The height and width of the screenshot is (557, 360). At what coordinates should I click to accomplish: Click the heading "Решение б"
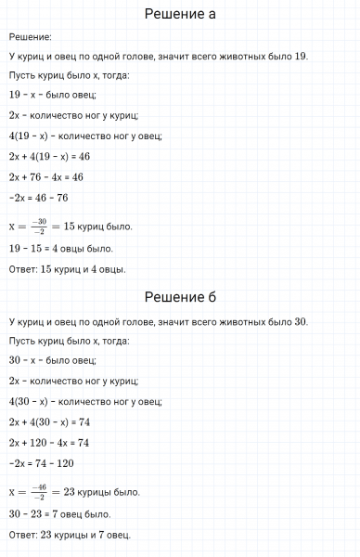click(x=180, y=297)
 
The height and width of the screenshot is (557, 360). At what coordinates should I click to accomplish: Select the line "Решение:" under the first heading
click(x=29, y=36)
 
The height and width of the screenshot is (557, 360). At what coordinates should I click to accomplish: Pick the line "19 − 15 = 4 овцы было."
click(x=60, y=249)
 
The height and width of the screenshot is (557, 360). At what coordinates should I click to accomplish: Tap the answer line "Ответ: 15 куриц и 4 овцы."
click(x=67, y=269)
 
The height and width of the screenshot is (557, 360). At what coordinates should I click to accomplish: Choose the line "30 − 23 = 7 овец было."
click(x=59, y=513)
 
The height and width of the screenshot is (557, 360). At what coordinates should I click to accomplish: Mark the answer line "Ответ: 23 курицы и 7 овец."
click(x=70, y=535)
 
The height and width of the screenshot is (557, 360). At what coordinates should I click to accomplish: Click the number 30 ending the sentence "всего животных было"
click(x=299, y=321)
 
